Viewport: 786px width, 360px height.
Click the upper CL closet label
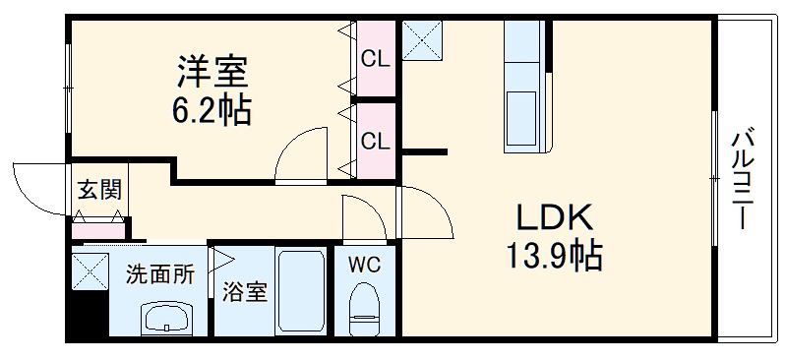point(375,59)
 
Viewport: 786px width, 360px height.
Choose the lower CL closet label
point(375,141)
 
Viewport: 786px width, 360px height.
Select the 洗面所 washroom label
point(158,274)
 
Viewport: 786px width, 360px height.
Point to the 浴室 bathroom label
point(244,292)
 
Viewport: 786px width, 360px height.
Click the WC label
point(365,264)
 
